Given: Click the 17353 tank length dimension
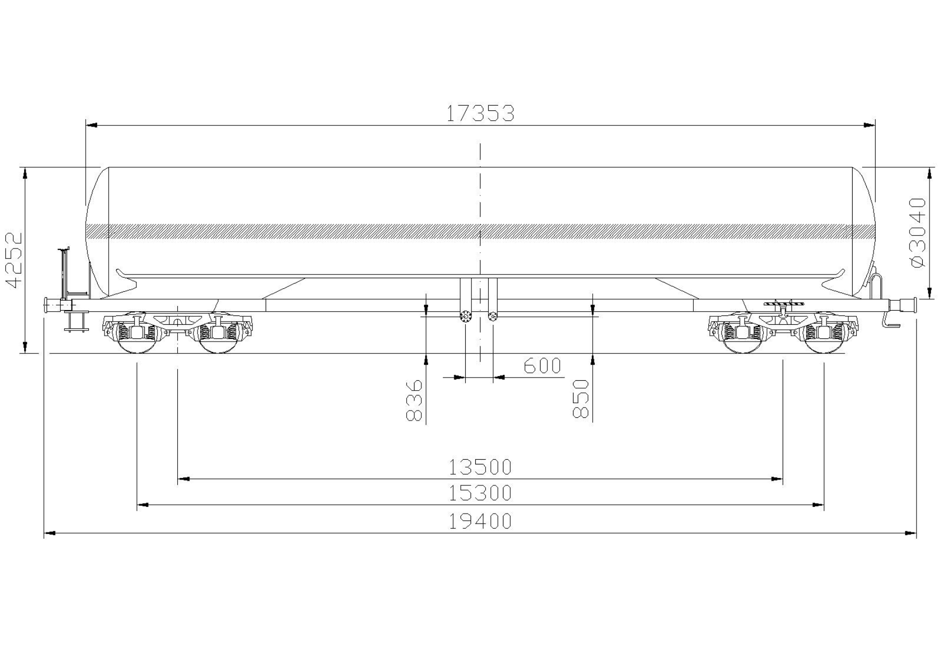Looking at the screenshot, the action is [x=480, y=113].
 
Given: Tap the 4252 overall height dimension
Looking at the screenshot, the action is [x=14, y=260].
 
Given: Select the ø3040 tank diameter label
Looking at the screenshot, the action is [x=919, y=232].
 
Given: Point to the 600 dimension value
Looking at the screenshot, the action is [x=542, y=366].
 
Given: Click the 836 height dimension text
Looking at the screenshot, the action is [x=414, y=400].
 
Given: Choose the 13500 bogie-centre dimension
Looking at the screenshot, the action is [x=480, y=467].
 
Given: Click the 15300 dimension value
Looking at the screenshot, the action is [x=480, y=493].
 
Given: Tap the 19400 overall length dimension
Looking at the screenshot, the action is [x=480, y=521].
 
